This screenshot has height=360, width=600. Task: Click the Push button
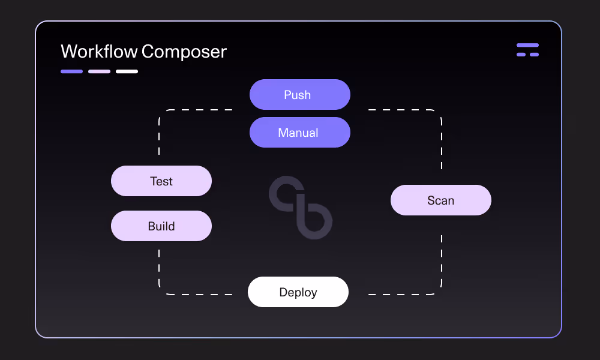299,95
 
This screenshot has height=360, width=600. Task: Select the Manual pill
299,133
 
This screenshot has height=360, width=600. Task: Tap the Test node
161,181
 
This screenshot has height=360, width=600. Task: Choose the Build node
161,226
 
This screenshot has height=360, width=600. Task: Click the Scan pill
441,200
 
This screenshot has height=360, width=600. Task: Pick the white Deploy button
298,292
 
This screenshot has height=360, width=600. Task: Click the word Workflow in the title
99,52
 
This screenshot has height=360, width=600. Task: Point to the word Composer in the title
185,52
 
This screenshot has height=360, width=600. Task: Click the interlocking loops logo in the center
301,208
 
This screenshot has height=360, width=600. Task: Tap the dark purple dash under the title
71,71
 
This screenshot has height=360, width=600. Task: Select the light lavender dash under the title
99,71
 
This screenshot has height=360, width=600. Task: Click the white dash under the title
127,71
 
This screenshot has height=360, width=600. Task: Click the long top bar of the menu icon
527,45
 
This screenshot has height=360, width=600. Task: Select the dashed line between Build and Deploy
159,264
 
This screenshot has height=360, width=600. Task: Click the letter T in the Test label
153,181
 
